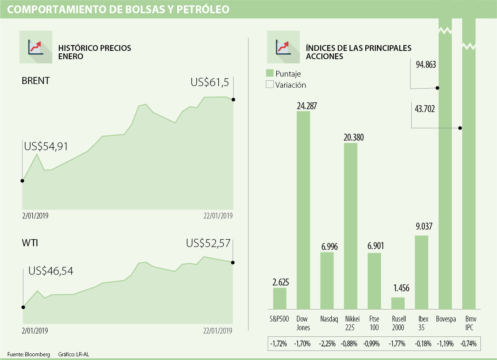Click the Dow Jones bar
(x=303, y=210)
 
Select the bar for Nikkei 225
(x=351, y=226)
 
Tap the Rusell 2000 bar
(x=398, y=303)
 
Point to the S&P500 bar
(x=280, y=298)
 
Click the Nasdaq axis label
(x=328, y=319)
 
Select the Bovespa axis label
(x=446, y=319)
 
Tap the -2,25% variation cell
(x=327, y=343)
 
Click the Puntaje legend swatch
(x=270, y=73)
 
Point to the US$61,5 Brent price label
(x=210, y=82)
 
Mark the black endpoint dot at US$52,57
(x=233, y=262)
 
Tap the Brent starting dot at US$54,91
(x=22, y=181)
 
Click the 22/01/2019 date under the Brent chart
(x=218, y=216)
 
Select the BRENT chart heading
(x=36, y=81)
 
